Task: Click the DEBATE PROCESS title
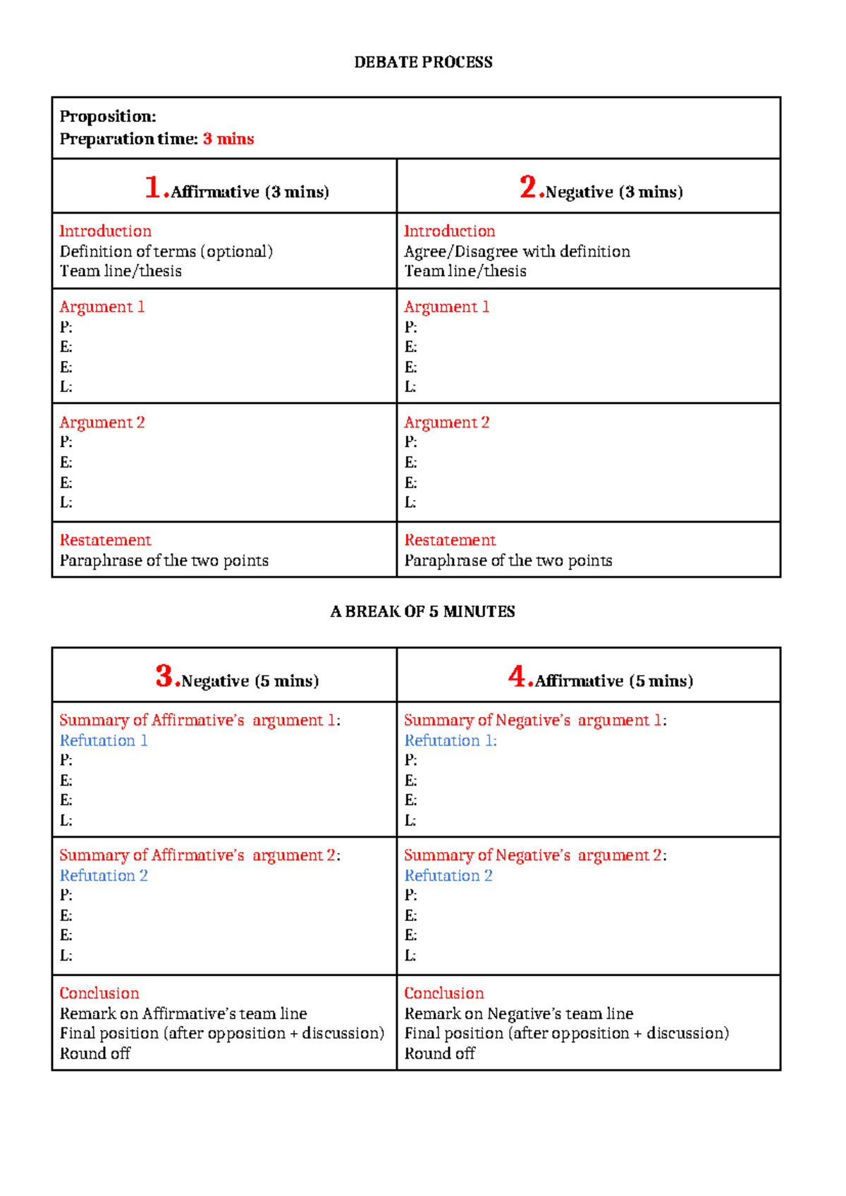[x=423, y=62]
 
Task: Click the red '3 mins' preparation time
[x=228, y=139]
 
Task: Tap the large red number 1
[x=154, y=188]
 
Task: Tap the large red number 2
[x=529, y=188]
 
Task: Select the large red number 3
[x=165, y=676]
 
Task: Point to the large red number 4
[x=518, y=676]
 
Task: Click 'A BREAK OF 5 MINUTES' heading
[x=423, y=611]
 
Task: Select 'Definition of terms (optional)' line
[x=166, y=252]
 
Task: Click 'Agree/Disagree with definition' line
[x=517, y=252]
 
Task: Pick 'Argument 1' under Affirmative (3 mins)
[x=102, y=307]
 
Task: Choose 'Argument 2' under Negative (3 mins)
[x=446, y=422]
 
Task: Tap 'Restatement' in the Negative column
[x=450, y=540]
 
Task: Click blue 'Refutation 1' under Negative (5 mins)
[x=104, y=740]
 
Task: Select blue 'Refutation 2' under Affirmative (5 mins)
[x=448, y=875]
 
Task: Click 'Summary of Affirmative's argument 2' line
[x=200, y=855]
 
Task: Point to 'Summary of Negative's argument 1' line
[x=535, y=720]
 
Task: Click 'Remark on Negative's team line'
[x=519, y=1013]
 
